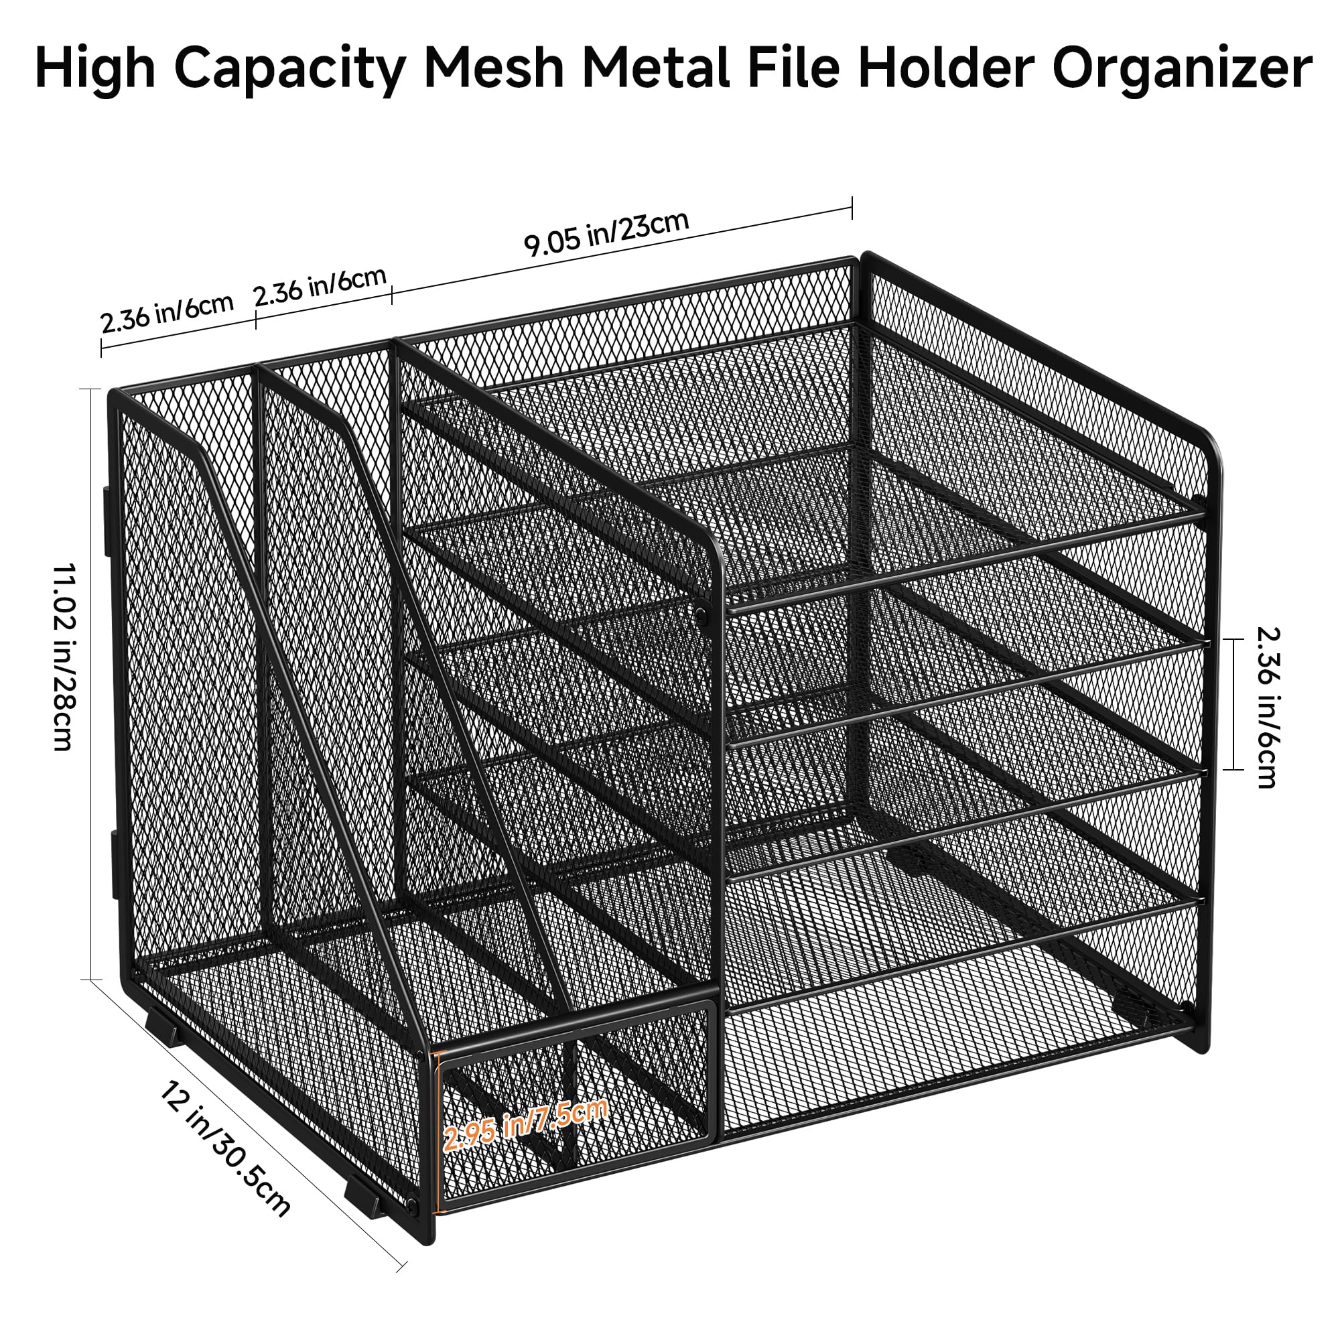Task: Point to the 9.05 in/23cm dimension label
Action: [x=606, y=233]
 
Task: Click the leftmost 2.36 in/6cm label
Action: [x=166, y=314]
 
